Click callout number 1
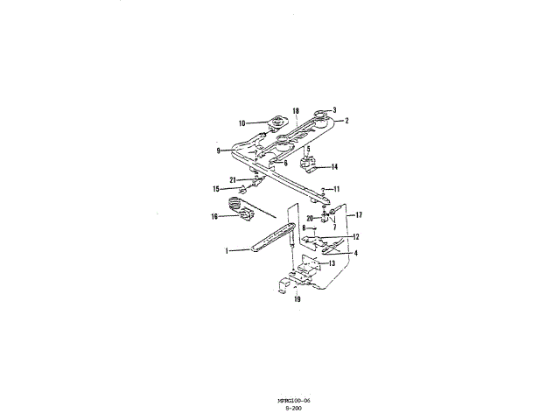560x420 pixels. pyautogui.click(x=227, y=250)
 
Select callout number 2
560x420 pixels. pyautogui.click(x=346, y=121)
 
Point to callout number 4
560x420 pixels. pyautogui.click(x=356, y=253)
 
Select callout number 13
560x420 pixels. pyautogui.click(x=332, y=262)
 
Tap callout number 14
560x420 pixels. pyautogui.click(x=334, y=166)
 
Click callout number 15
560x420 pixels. pyautogui.click(x=215, y=188)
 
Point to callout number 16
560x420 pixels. pyautogui.click(x=213, y=217)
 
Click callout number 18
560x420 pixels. pyautogui.click(x=296, y=111)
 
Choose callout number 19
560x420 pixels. pyautogui.click(x=297, y=299)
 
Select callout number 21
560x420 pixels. pyautogui.click(x=233, y=179)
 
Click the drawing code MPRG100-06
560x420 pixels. pyautogui.click(x=293, y=400)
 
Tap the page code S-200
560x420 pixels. pyautogui.click(x=293, y=408)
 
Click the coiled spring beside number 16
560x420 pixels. pyautogui.click(x=236, y=206)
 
